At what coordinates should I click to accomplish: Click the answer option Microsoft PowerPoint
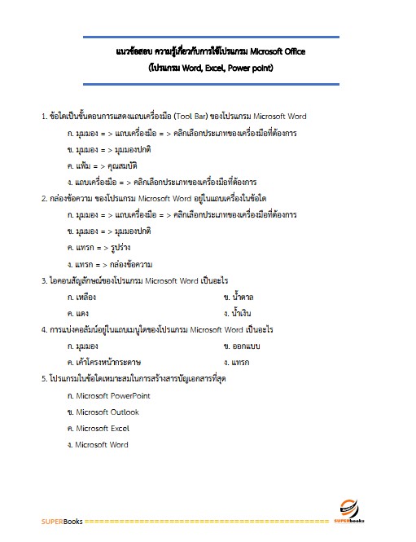(x=112, y=395)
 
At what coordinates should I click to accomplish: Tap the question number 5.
(x=44, y=379)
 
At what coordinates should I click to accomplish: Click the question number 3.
(x=44, y=280)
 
